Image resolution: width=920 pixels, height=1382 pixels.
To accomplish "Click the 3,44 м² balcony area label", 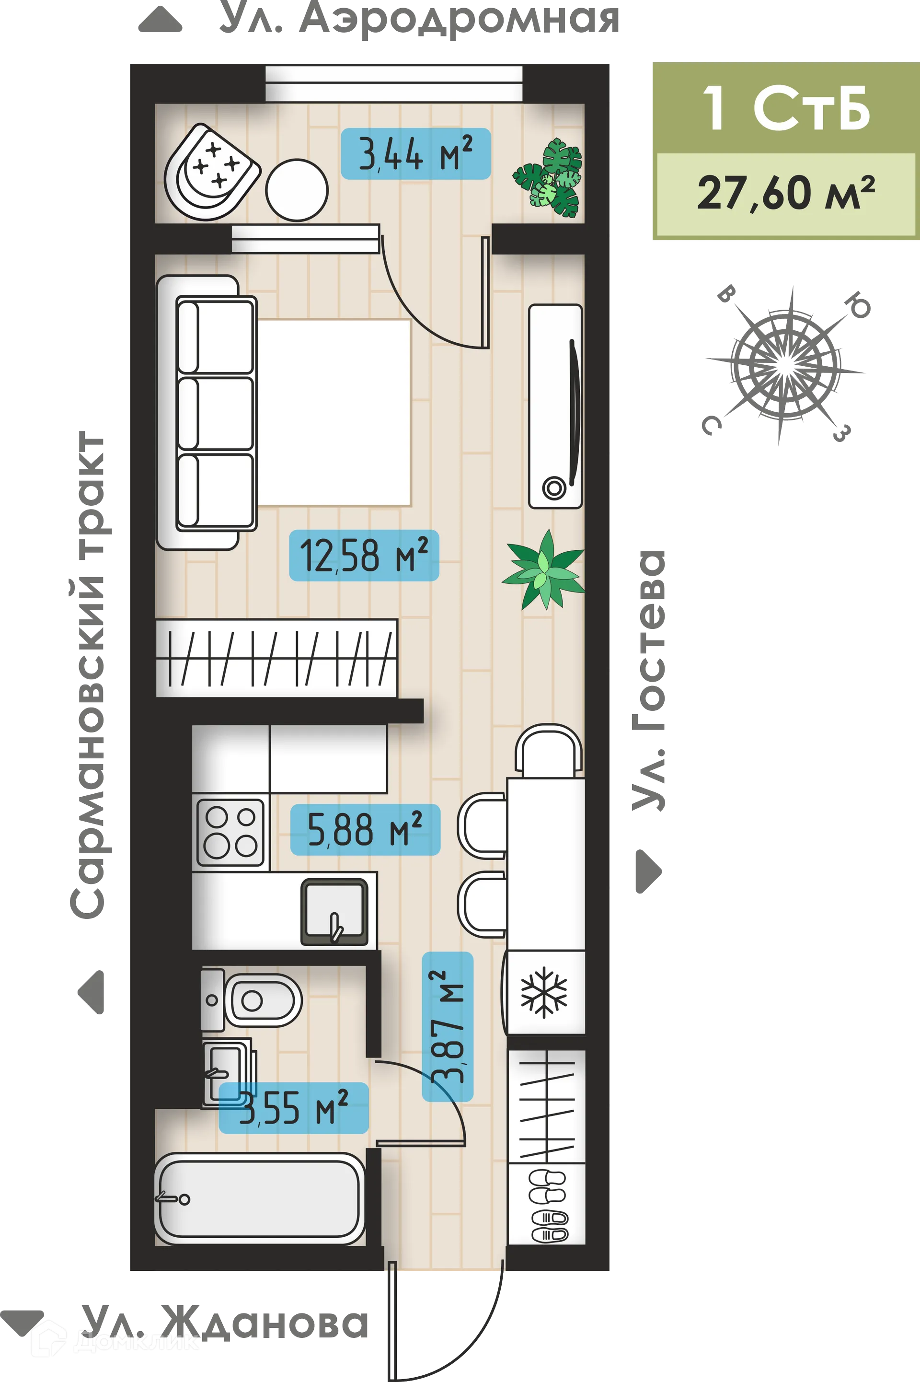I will point(415,154).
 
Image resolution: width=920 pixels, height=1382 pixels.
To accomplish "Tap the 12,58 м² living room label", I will point(364,555).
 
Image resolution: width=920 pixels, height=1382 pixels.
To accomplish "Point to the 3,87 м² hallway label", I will point(447,1026).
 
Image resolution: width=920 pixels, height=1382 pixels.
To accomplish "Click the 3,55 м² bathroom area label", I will point(293,1108).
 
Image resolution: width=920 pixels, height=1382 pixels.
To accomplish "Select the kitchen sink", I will point(334,913).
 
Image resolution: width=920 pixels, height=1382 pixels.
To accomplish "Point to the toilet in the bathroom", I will point(253,1000).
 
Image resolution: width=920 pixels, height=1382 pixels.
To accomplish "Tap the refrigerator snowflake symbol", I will point(544,994).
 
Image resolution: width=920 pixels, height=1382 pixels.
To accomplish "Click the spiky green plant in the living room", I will point(543,570).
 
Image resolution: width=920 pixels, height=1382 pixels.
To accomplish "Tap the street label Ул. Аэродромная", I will point(419,20).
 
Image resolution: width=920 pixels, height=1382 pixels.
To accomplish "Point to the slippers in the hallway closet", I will point(549,1206).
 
